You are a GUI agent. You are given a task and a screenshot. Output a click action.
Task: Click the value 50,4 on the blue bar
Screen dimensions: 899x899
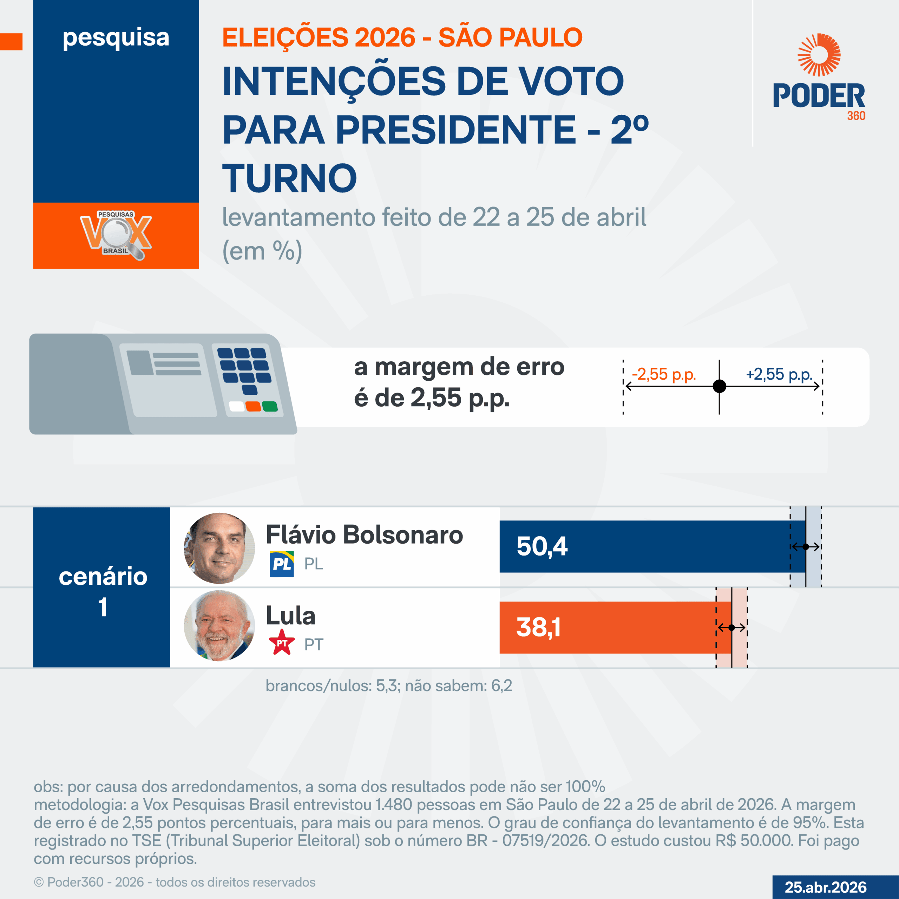(542, 546)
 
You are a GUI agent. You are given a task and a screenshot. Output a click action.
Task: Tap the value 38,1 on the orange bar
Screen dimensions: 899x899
(538, 627)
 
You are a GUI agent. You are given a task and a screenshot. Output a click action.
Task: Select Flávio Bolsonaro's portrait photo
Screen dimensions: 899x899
(219, 548)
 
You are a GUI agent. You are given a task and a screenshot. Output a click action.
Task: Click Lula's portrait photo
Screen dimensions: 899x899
(219, 626)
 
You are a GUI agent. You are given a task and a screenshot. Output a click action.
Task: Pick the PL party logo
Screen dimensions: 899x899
(282, 564)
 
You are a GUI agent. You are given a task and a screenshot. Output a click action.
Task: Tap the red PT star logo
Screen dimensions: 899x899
(282, 643)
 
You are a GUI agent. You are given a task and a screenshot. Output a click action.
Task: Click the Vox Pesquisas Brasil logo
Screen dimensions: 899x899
(116, 235)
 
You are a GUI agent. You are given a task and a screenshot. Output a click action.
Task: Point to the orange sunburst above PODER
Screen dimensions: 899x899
(819, 54)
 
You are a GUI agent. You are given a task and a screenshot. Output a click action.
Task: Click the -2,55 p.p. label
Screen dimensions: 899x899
(664, 374)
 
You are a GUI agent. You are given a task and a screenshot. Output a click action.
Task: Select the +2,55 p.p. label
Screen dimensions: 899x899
(779, 374)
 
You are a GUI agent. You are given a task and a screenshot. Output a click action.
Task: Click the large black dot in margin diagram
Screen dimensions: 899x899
(720, 386)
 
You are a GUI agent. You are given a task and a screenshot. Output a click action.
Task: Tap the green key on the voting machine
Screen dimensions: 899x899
(270, 407)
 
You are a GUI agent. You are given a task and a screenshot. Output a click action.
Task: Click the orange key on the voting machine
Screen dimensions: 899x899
(253, 407)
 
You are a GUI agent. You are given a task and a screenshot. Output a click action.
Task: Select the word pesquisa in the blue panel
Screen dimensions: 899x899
(116, 37)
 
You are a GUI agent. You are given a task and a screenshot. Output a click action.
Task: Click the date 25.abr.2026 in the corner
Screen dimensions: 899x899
(826, 887)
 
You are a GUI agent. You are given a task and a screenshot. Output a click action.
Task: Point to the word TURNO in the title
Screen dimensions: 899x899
(289, 178)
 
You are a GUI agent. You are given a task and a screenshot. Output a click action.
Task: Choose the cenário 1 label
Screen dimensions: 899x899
(103, 591)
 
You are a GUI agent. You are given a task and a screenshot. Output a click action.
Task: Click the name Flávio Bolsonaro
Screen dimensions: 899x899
(365, 534)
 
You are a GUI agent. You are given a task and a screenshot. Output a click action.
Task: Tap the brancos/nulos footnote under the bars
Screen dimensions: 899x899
(388, 686)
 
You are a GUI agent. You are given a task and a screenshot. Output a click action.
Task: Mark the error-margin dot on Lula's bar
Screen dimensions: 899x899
(731, 628)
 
